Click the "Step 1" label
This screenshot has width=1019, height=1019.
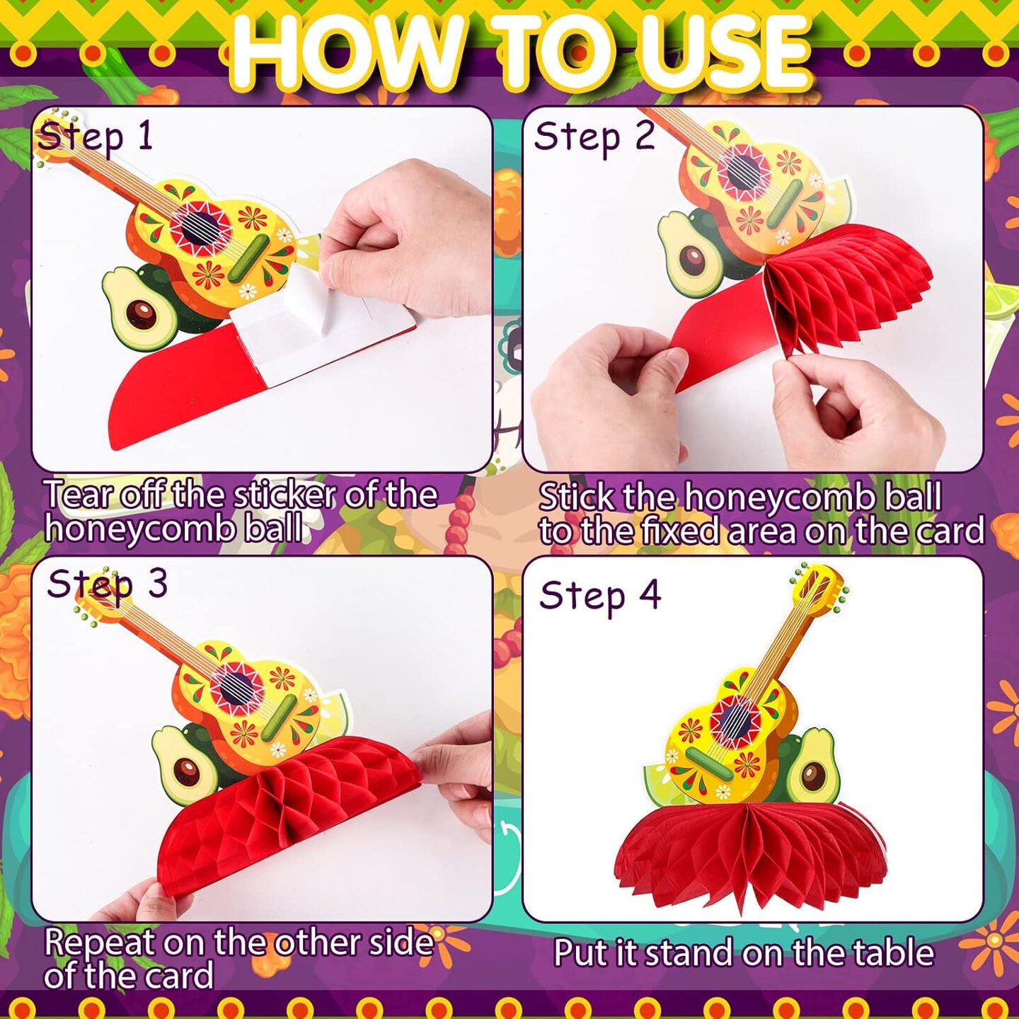click(96, 137)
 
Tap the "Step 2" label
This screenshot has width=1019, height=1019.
click(594, 137)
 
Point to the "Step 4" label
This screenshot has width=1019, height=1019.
click(600, 597)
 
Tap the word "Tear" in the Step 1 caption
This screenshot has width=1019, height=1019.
click(79, 495)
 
